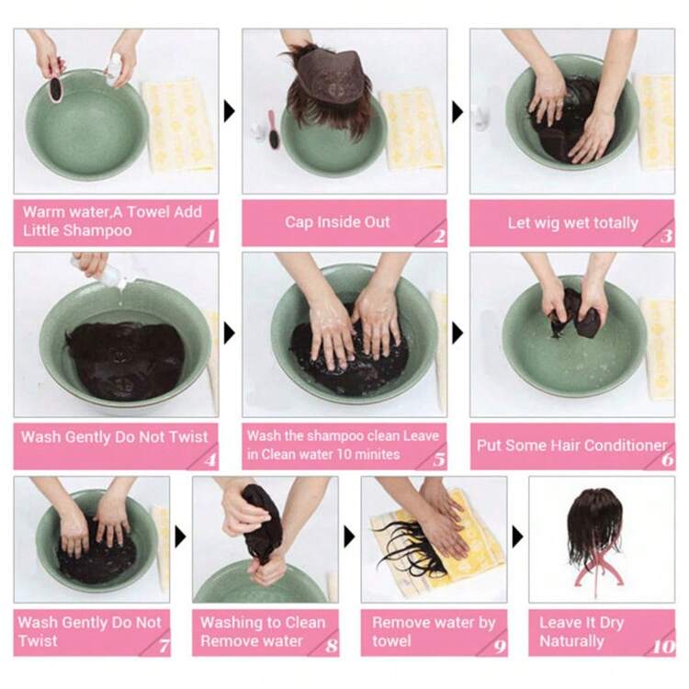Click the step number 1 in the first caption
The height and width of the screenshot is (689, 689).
pyautogui.click(x=211, y=236)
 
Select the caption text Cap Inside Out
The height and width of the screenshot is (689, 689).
pyautogui.click(x=337, y=222)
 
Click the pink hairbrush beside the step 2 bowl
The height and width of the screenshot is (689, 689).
pyautogui.click(x=274, y=130)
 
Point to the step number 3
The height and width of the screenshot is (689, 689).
pyautogui.click(x=667, y=236)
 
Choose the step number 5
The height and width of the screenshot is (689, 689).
pyautogui.click(x=439, y=459)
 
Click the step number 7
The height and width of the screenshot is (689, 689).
pyautogui.click(x=164, y=646)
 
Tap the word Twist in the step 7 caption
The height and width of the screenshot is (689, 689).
pyautogui.click(x=38, y=640)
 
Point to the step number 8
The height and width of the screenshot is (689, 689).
pyautogui.click(x=332, y=646)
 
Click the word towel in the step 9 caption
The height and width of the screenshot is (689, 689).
pyautogui.click(x=391, y=640)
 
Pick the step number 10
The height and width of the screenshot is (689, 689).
pyautogui.click(x=663, y=647)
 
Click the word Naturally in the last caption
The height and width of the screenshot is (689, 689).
pyautogui.click(x=571, y=641)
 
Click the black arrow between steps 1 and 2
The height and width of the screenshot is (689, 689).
pyautogui.click(x=230, y=111)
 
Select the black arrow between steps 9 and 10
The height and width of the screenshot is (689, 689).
pyautogui.click(x=517, y=537)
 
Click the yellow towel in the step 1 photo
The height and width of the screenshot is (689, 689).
pyautogui.click(x=178, y=125)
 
